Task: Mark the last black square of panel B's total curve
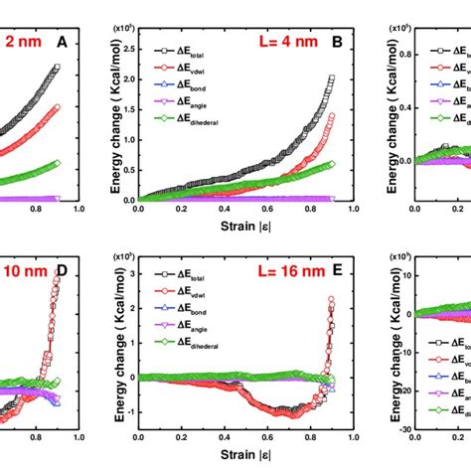pos(331,78)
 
